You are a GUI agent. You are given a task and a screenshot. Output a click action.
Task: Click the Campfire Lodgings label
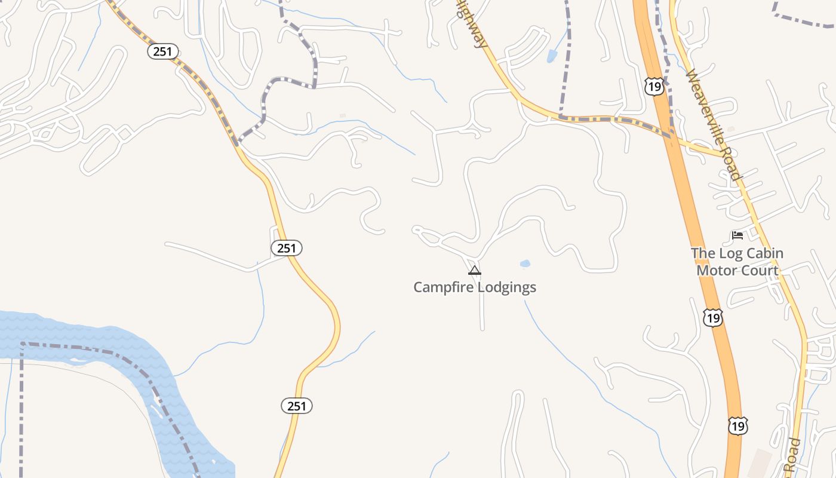tap(475, 287)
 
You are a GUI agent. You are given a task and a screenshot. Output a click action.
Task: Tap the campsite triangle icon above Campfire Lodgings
tap(475, 270)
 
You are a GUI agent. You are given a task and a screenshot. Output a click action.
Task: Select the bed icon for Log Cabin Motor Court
tap(737, 235)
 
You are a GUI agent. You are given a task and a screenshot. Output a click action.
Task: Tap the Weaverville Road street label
tap(713, 125)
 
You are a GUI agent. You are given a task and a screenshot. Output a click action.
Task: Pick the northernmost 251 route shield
tap(162, 51)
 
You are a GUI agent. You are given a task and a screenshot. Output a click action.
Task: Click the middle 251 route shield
tap(287, 247)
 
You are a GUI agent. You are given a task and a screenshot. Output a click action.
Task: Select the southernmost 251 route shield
tap(297, 406)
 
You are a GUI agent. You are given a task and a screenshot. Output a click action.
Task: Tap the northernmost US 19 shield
tap(654, 87)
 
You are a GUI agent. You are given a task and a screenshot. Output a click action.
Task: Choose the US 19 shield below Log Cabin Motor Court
tap(712, 317)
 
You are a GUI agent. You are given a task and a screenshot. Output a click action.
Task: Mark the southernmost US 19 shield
tap(738, 425)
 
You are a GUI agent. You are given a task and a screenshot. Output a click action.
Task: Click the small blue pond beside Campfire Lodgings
tap(525, 263)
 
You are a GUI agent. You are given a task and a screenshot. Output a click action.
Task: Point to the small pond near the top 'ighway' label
tap(552, 56)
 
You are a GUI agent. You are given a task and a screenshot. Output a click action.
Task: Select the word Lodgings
tap(506, 287)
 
